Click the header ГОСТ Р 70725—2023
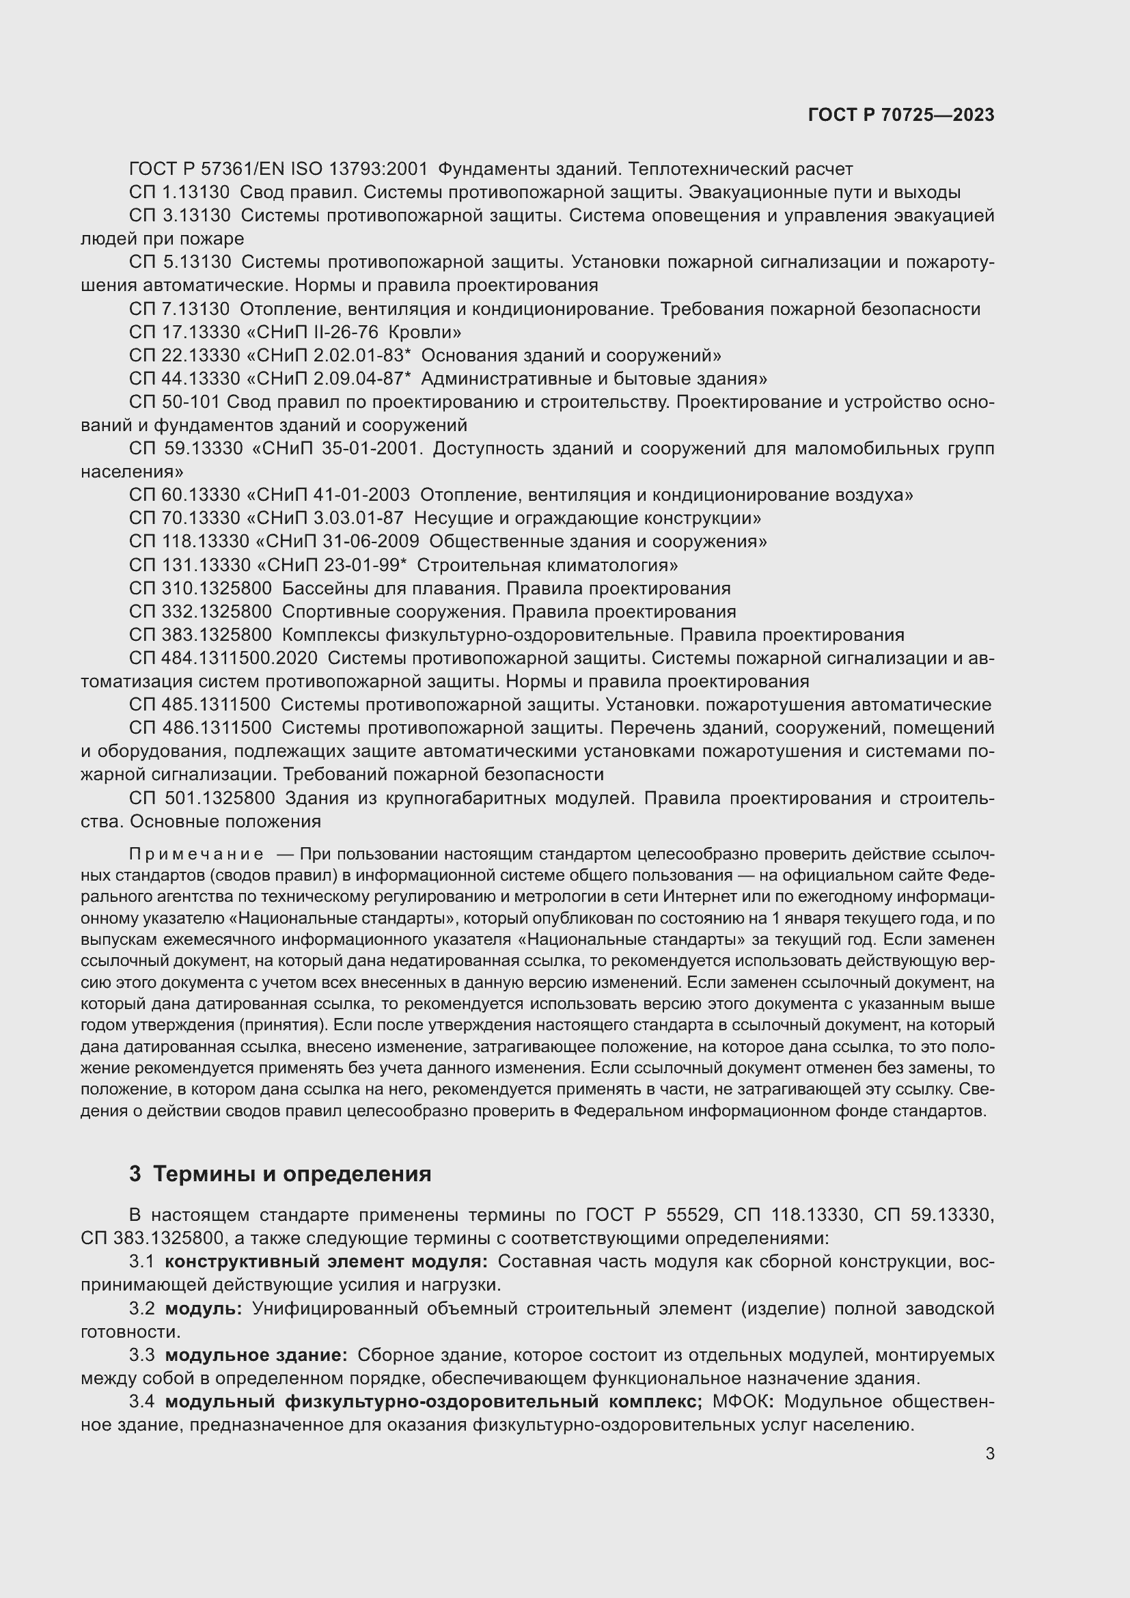(x=901, y=115)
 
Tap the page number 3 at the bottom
(x=989, y=1453)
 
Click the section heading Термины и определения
(x=292, y=1174)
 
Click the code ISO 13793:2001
(x=359, y=169)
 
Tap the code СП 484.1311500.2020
(x=223, y=658)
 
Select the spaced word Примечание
(x=196, y=854)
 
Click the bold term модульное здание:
(x=256, y=1354)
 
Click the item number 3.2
(x=142, y=1308)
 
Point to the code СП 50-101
(x=175, y=402)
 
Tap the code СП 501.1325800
(x=202, y=797)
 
